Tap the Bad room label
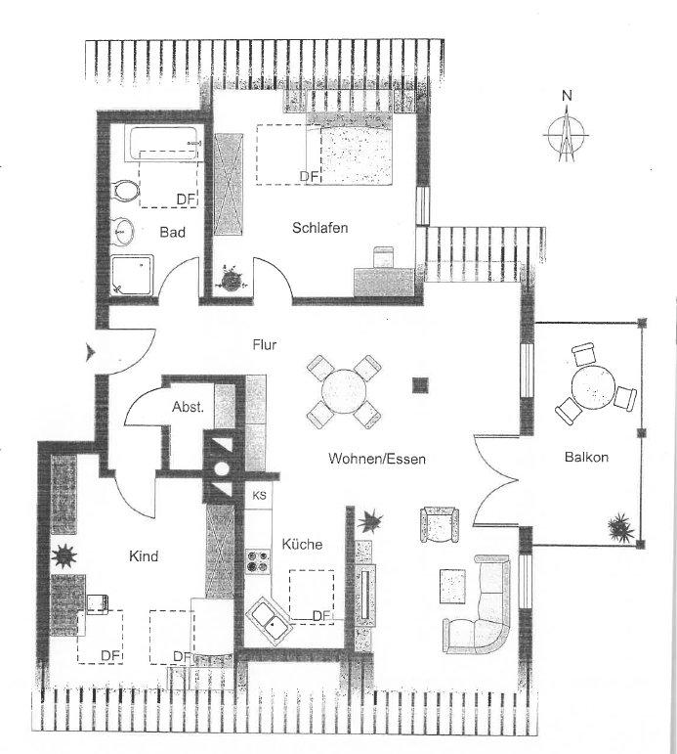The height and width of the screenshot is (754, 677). (173, 232)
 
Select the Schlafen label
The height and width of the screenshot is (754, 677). (319, 228)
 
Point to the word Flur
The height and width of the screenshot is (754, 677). (266, 344)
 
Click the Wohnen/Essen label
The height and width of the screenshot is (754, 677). (378, 458)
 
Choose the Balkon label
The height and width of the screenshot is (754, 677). (586, 457)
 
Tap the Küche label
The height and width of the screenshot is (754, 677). (302, 544)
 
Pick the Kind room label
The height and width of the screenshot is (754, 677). (144, 555)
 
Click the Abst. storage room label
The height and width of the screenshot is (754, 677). (188, 407)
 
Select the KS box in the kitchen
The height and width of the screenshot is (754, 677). (259, 496)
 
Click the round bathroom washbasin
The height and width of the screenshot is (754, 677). (124, 232)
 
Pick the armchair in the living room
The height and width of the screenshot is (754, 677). (437, 525)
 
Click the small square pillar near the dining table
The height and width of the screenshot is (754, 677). (420, 384)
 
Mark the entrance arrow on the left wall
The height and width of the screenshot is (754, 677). (92, 353)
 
